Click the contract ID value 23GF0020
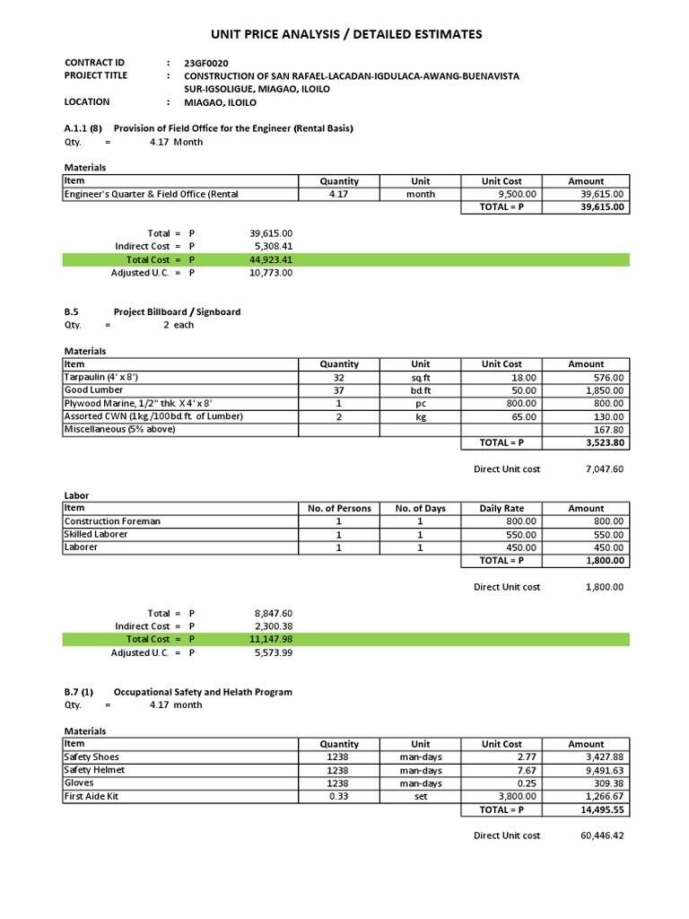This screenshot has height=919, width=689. coord(206,63)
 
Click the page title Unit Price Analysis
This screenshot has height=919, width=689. coord(345,34)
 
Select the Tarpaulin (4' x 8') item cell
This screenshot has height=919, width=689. coord(100,378)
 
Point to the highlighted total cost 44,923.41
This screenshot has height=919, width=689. coord(271,259)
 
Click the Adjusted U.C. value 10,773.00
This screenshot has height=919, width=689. coord(271,273)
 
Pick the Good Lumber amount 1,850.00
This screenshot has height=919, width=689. coord(606,390)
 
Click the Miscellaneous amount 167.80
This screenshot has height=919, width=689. coord(608,430)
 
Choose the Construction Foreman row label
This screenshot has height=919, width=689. coord(112,521)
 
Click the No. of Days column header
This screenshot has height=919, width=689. coord(420,509)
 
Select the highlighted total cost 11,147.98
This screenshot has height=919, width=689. coord(271,639)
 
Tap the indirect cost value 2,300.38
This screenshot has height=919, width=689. coord(274,626)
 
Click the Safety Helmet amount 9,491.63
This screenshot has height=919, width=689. coord(606,770)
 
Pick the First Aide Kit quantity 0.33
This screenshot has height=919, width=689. coord(339,796)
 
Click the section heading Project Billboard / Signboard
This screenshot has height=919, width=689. coord(177,312)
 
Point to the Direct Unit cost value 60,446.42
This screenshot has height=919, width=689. coord(602,836)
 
